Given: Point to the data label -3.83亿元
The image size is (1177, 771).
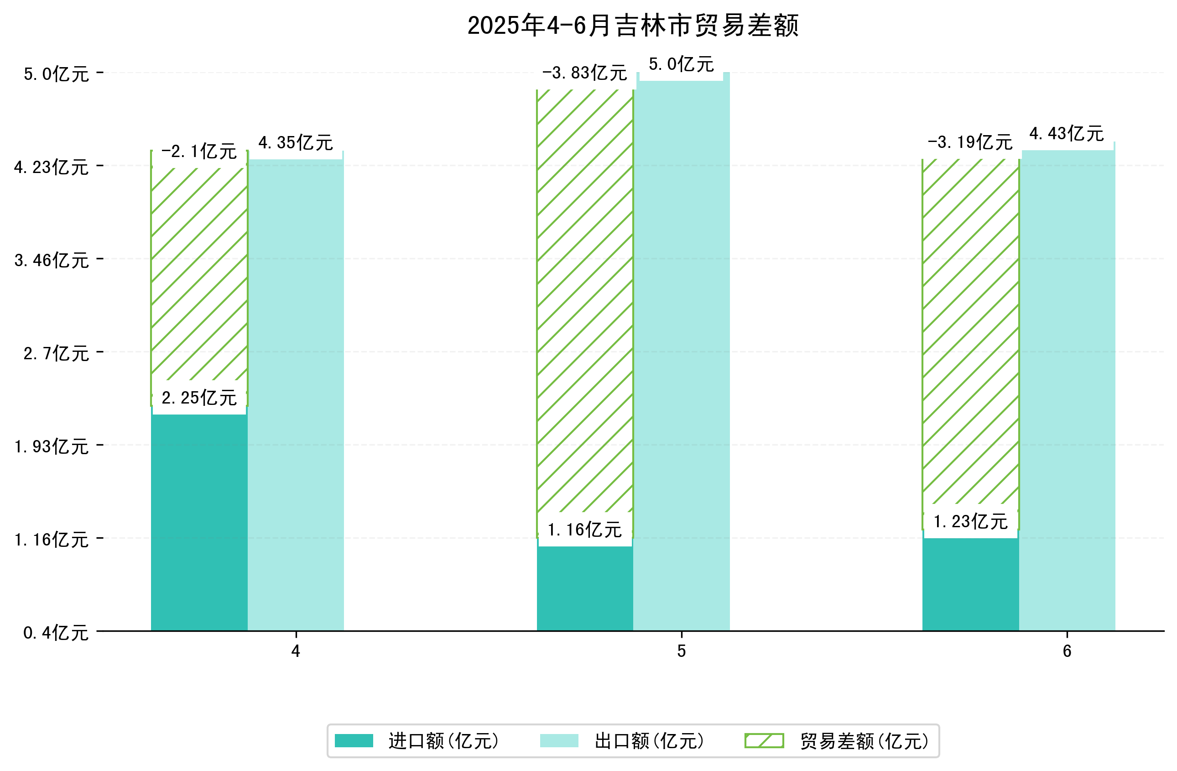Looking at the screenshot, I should (584, 73).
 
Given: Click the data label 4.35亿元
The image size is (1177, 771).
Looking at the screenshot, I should (296, 143).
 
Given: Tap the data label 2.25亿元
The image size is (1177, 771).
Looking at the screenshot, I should (199, 398).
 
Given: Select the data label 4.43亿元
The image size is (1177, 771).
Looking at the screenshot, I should (1067, 134).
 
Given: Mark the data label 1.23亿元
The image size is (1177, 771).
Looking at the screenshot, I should (970, 522).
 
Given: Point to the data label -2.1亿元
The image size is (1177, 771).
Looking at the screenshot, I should (199, 152).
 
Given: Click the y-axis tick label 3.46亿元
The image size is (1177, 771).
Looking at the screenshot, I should (52, 260).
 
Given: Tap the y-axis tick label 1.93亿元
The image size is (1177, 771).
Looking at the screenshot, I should (52, 447).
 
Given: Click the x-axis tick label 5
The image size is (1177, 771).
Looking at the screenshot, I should (681, 651).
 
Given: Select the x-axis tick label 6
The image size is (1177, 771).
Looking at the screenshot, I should (1067, 651).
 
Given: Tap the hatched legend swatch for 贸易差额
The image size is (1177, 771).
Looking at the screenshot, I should (764, 741).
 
